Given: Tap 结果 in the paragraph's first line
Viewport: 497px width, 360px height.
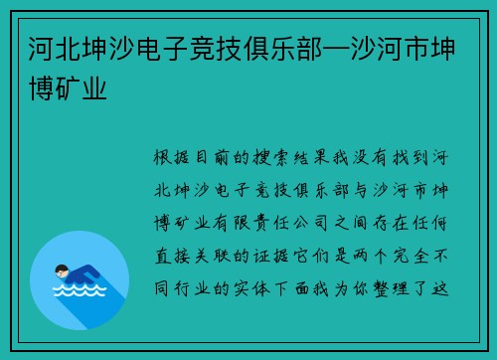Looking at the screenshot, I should tap(329, 158).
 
